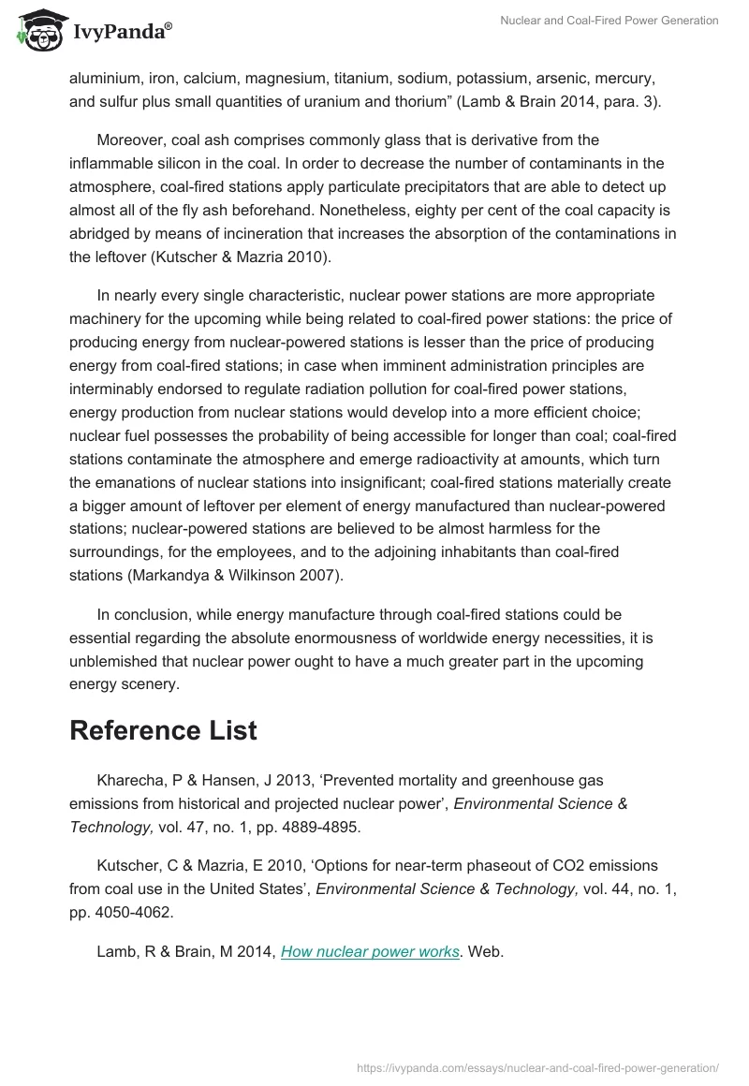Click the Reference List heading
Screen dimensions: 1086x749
pyautogui.click(x=163, y=730)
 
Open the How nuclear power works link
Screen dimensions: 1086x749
pyautogui.click(x=370, y=951)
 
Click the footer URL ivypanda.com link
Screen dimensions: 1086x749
pyautogui.click(x=538, y=1066)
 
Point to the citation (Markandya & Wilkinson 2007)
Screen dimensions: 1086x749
pyautogui.click(x=206, y=575)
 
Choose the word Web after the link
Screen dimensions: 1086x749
pyautogui.click(x=485, y=951)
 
